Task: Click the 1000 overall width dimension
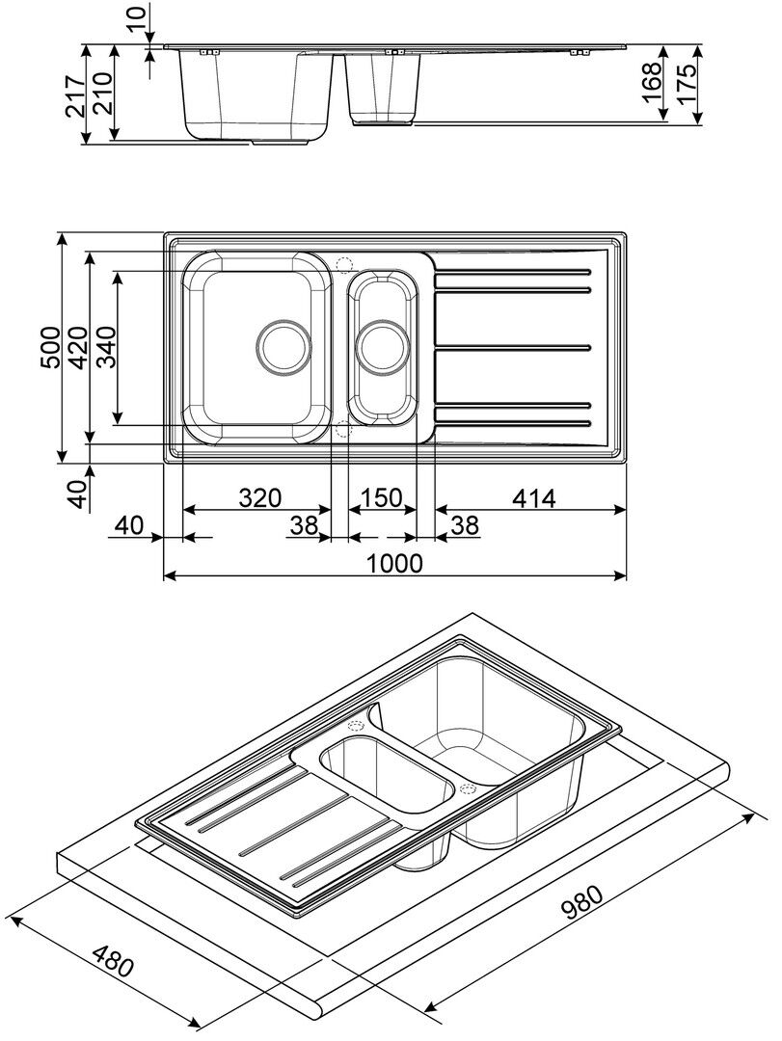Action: point(395,563)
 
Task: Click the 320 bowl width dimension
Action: point(258,498)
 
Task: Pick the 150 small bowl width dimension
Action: point(382,498)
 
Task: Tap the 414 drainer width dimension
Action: point(531,498)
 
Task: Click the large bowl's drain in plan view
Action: point(284,345)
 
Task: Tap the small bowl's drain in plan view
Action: point(384,345)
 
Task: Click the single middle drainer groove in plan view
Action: point(513,345)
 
